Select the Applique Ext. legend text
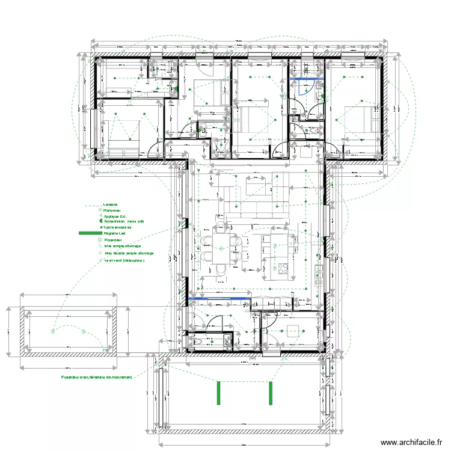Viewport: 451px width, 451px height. [x=115, y=216]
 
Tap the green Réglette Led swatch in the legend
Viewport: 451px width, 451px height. [x=90, y=233]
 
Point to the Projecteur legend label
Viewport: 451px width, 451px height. [x=112, y=239]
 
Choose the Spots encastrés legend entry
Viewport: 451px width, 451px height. [x=117, y=227]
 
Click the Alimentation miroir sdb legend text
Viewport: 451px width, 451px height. [x=124, y=221]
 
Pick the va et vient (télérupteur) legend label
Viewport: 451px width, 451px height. [x=124, y=260]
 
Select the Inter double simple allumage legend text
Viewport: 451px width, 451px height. [x=129, y=253]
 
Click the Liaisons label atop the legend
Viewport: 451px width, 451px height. [x=111, y=204]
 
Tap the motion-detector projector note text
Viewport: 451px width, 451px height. [x=96, y=377]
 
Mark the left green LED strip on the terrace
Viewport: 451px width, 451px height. [x=219, y=393]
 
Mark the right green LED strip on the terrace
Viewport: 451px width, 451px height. [x=270, y=393]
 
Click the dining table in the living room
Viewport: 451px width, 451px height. [x=221, y=248]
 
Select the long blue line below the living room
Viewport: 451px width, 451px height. [x=219, y=298]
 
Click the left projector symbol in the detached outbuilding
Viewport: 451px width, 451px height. [x=53, y=330]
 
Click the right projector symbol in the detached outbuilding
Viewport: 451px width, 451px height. [x=83, y=330]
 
